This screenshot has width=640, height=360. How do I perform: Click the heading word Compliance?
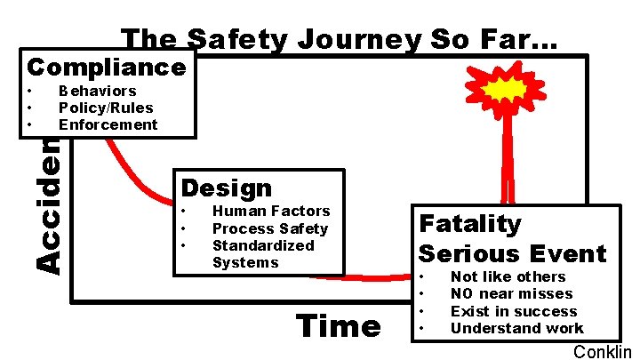click(x=107, y=67)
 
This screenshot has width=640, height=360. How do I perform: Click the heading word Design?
click(x=227, y=188)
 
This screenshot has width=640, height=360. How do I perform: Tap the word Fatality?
click(x=470, y=223)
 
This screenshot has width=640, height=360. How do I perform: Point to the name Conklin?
click(x=602, y=351)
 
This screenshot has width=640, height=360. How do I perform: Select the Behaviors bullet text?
click(x=97, y=91)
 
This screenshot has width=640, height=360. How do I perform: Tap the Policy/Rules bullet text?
click(x=106, y=108)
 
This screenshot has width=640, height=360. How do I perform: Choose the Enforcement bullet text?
click(x=108, y=124)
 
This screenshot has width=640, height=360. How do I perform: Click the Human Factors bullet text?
click(x=270, y=211)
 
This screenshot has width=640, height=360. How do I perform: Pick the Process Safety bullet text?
click(x=269, y=228)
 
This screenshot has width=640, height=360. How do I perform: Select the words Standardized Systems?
click(x=262, y=253)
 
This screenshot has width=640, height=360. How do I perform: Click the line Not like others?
click(x=508, y=276)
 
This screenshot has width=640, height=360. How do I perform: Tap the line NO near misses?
click(x=511, y=293)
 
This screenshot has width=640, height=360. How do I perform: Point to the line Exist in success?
click(x=513, y=311)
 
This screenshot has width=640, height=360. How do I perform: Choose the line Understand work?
click(x=516, y=328)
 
